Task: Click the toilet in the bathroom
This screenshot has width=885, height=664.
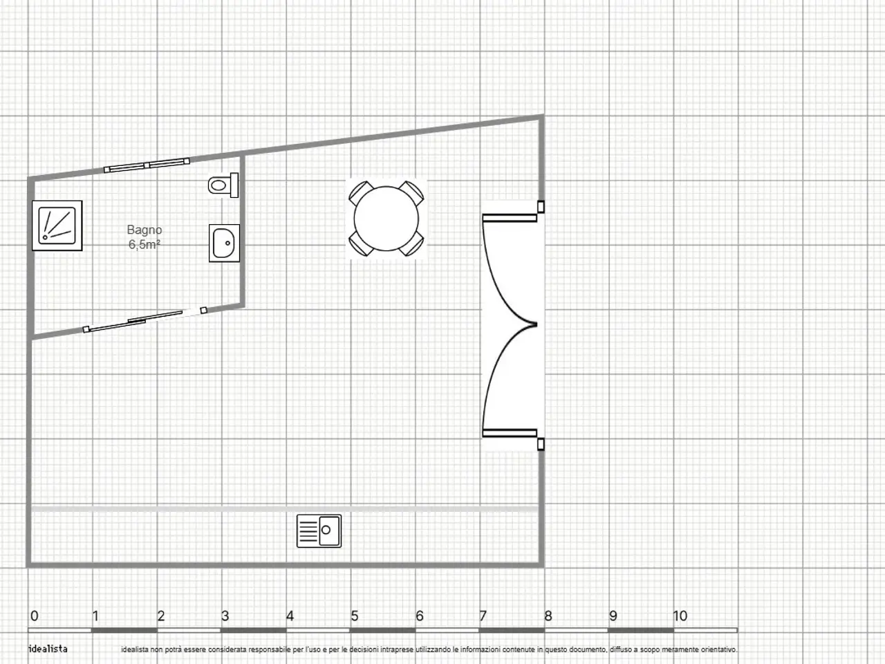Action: click(x=223, y=185)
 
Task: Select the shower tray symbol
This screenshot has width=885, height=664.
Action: click(x=57, y=225)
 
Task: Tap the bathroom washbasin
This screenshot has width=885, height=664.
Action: click(x=224, y=243)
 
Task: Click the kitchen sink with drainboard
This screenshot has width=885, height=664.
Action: click(x=319, y=531)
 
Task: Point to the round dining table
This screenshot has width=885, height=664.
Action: click(x=386, y=219)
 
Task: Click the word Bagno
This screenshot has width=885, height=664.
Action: click(x=145, y=230)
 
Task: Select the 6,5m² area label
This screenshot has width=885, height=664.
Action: click(x=145, y=244)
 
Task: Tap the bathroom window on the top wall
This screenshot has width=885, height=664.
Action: click(x=147, y=165)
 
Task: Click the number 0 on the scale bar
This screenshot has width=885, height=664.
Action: click(x=35, y=616)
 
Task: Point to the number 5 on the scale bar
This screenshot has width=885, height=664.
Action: click(x=355, y=616)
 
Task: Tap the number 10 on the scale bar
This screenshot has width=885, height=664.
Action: click(x=680, y=616)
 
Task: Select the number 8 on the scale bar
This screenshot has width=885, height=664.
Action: click(x=548, y=616)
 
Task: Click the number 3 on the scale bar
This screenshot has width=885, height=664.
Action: click(x=225, y=616)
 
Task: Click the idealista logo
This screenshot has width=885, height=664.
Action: click(x=48, y=649)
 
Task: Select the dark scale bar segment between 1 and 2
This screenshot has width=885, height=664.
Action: click(x=124, y=630)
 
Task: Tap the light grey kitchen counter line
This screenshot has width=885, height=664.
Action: click(x=285, y=510)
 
